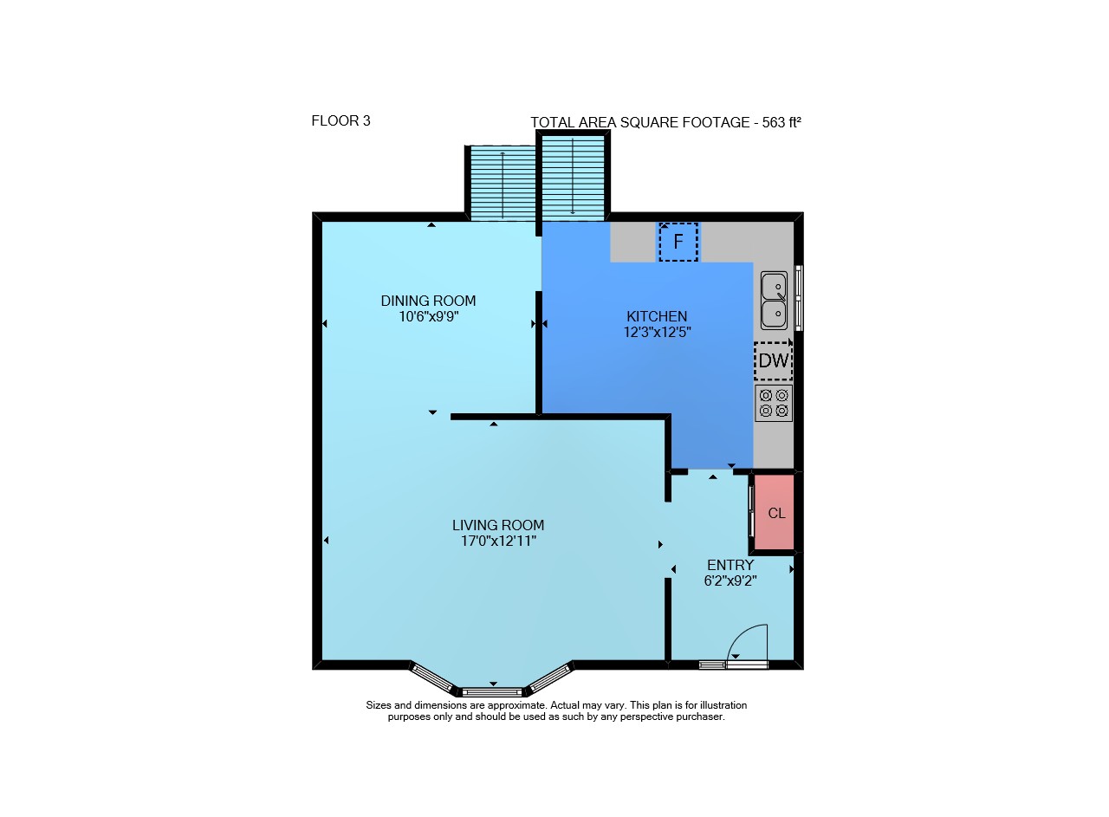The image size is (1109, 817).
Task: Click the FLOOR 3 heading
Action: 340,120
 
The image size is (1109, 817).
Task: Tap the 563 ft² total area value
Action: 781,122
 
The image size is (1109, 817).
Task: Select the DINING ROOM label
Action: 428,301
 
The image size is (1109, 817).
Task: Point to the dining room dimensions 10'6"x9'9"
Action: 429,316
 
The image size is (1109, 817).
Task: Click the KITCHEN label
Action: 657,316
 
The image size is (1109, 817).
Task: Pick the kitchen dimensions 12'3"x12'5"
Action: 657,332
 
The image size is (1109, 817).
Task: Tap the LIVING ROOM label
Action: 498,525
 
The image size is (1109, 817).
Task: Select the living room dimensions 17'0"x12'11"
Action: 498,541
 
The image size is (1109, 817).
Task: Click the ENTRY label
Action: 730,565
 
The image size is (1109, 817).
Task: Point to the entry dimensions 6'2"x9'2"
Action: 730,580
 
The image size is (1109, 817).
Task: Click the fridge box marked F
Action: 678,242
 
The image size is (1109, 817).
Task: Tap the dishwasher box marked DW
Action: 774,361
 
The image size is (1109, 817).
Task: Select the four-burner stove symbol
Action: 774,403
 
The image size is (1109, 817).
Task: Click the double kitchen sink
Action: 774,301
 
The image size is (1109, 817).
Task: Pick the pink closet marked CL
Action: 775,513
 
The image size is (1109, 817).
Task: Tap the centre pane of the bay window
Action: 492,691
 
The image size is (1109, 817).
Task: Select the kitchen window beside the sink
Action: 799,297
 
